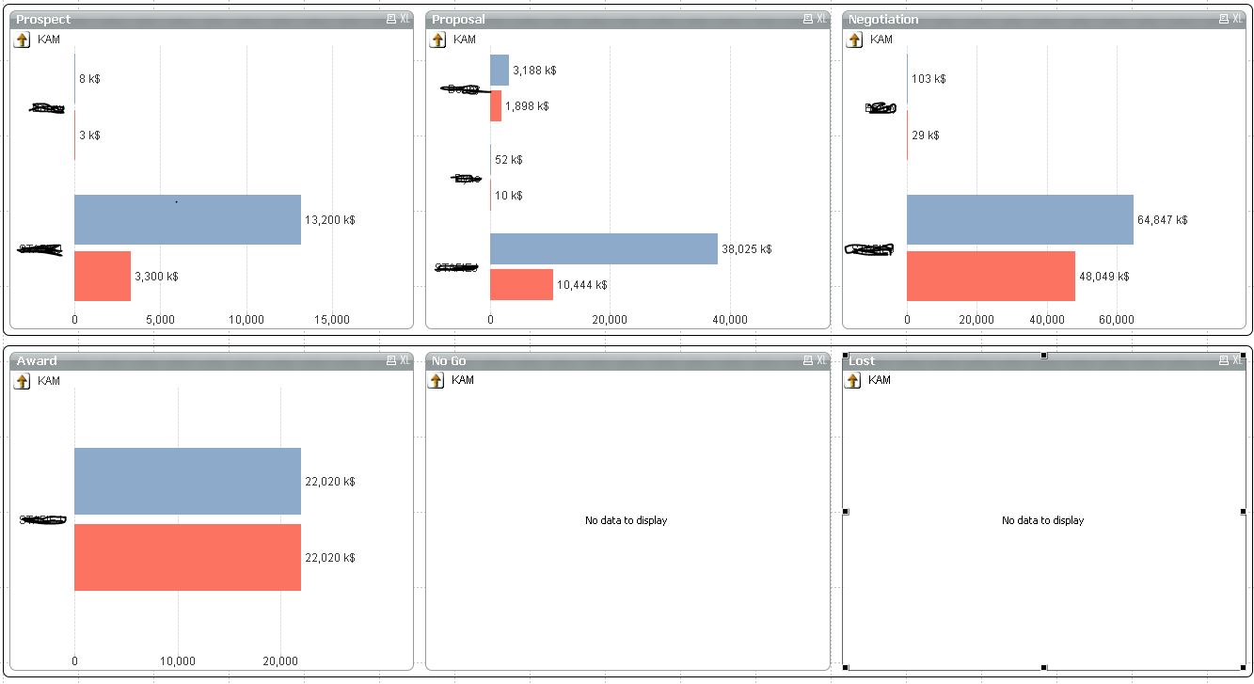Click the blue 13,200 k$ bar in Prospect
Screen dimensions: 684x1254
pos(187,219)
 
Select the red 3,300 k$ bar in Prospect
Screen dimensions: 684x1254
pos(103,276)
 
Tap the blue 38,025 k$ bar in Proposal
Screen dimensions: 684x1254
pos(603,248)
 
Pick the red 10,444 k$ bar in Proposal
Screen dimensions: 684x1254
pos(521,284)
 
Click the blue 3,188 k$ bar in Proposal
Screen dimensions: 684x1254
pos(500,70)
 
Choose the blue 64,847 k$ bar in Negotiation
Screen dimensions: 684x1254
pos(1020,219)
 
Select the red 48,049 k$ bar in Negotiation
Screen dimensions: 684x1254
pos(991,276)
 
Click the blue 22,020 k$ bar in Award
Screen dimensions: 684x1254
pos(187,481)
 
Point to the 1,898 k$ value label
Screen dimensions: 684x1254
pos(527,106)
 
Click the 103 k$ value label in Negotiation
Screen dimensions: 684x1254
pos(928,79)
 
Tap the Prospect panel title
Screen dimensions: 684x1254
pos(43,19)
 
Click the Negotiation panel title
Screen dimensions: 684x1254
pos(883,19)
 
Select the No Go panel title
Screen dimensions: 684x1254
pos(449,360)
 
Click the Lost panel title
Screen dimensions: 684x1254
pos(862,360)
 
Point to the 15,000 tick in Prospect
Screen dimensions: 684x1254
pos(331,320)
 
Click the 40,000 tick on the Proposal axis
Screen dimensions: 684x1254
pos(730,320)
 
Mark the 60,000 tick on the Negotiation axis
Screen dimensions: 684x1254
pos(1116,320)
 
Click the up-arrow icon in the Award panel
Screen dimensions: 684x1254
pos(23,381)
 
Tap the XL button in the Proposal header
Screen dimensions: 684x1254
pos(822,19)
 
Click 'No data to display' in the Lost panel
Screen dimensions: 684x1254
pos(1042,520)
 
